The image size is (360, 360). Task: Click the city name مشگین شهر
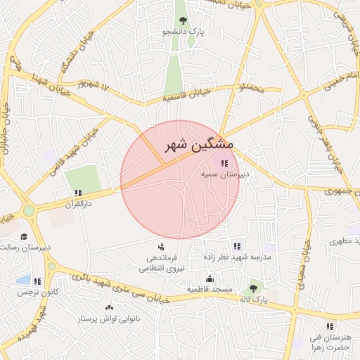199,146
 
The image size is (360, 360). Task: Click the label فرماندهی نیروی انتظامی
161,263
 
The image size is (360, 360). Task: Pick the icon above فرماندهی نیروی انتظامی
161,247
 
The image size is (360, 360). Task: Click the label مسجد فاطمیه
210,290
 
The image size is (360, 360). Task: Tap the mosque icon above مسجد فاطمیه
210,279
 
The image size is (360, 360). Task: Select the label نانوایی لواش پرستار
109,319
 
